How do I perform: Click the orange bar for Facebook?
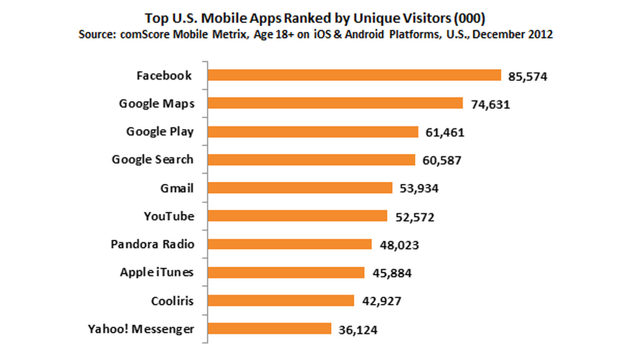354,76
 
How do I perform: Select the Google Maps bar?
335,104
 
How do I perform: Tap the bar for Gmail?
299,188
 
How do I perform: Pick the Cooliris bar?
280,300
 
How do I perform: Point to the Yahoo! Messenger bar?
269,329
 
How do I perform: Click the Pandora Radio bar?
289,244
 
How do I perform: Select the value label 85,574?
527,76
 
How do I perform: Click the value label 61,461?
444,132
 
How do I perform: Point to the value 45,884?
390,273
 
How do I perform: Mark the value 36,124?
358,329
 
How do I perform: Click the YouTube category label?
169,216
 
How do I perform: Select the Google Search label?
153,160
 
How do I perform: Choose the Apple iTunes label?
157,272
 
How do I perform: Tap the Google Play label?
160,132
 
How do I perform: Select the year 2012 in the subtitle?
541,35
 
